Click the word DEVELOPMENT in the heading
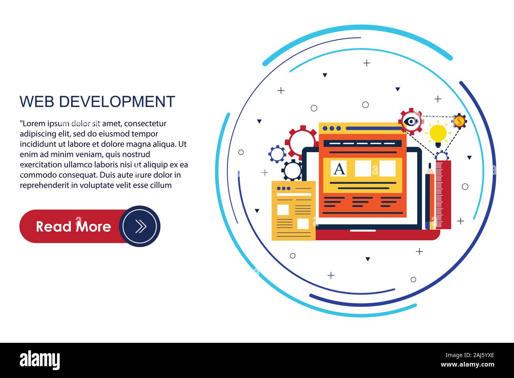click(117, 102)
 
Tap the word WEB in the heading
click(37, 102)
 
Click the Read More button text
click(74, 227)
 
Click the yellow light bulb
click(438, 135)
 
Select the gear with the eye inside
click(411, 121)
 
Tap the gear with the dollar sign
click(459, 121)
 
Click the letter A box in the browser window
click(338, 168)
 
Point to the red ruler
click(443, 195)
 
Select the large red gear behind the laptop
click(301, 143)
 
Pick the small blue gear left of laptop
click(277, 154)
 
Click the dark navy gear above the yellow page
click(292, 170)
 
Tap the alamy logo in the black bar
click(40, 360)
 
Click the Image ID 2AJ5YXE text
click(469, 355)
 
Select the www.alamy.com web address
click(467, 364)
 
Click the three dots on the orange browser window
click(332, 128)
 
